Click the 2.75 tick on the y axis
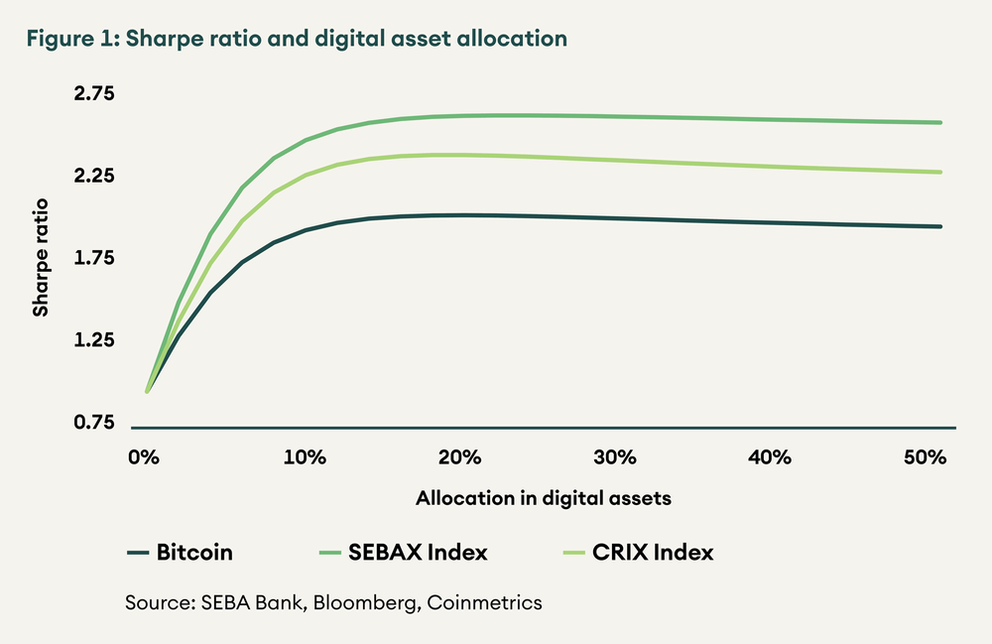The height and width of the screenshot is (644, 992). (x=94, y=94)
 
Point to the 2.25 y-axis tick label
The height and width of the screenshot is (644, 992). (x=94, y=177)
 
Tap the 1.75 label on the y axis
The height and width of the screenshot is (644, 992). (x=94, y=258)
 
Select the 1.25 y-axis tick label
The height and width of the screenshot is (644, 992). (x=94, y=340)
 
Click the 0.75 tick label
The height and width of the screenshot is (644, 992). (x=94, y=423)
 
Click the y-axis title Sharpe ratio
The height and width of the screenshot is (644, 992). (x=41, y=259)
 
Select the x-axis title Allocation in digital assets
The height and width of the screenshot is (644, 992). (x=544, y=499)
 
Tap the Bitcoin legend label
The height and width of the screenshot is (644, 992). (x=194, y=553)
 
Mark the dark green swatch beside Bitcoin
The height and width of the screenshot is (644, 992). (x=138, y=553)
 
